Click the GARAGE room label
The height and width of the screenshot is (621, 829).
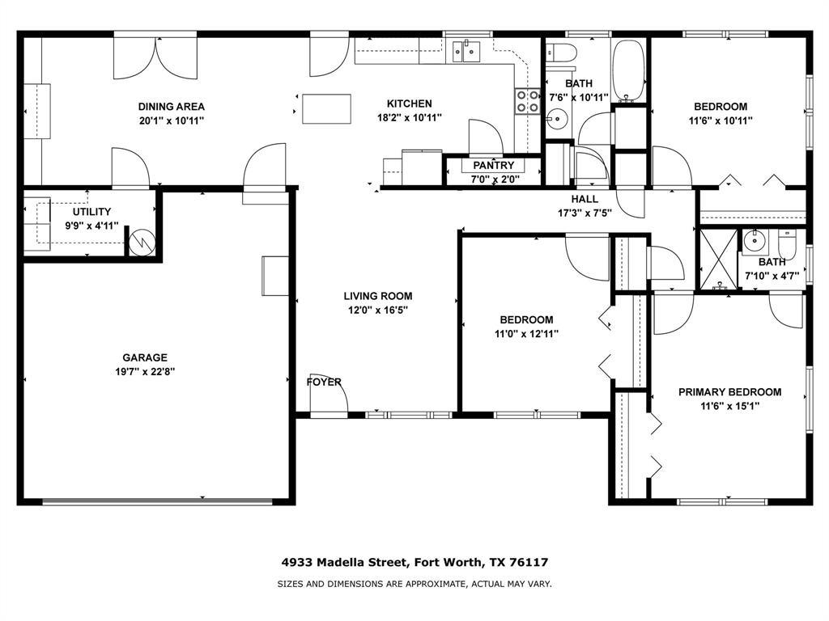click(145, 357)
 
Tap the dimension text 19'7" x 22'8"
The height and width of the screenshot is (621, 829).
click(145, 372)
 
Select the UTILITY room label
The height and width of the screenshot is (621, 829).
click(91, 212)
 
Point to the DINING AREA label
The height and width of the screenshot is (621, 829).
click(171, 106)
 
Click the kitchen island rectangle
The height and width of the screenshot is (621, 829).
click(326, 109)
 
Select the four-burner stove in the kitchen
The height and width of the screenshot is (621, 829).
click(528, 101)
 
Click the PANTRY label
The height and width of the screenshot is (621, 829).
click(494, 166)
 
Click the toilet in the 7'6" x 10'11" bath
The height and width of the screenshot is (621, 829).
click(561, 53)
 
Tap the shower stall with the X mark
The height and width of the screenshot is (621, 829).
click(718, 260)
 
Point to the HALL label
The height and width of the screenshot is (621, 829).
click(585, 199)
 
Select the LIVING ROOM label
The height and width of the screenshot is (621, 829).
click(377, 296)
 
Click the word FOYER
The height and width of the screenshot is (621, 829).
click(324, 382)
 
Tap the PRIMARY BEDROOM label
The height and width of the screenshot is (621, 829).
click(729, 392)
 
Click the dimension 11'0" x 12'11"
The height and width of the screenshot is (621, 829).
click(526, 334)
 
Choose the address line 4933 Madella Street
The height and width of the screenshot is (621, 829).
click(414, 562)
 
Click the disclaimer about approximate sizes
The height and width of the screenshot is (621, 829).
click(414, 584)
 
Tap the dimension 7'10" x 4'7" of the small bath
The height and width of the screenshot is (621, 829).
click(772, 276)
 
